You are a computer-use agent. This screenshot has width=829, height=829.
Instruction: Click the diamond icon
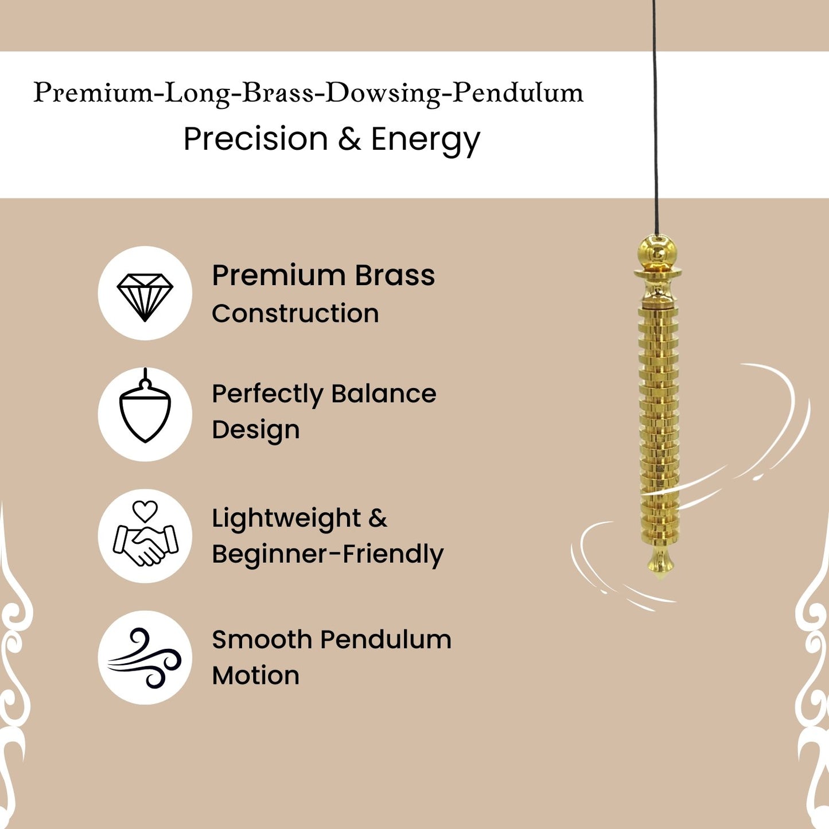coord(145,297)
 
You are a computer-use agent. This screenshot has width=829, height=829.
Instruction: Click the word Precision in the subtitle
coord(255,139)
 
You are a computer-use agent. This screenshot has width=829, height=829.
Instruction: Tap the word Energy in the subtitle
coord(425,141)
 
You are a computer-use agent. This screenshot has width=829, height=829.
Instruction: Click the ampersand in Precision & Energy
coord(349,139)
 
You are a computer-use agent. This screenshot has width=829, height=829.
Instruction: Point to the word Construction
coord(295,313)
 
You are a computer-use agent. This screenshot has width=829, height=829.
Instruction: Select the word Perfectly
coord(267,395)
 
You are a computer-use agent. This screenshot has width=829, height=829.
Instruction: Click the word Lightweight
coord(286,519)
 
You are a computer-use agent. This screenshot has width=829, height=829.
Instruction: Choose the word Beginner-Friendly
coord(328,554)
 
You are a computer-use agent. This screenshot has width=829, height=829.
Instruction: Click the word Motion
coord(255,675)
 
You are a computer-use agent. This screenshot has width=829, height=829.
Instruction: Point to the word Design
coord(255,431)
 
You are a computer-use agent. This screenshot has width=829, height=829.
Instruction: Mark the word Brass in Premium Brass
coord(395,275)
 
